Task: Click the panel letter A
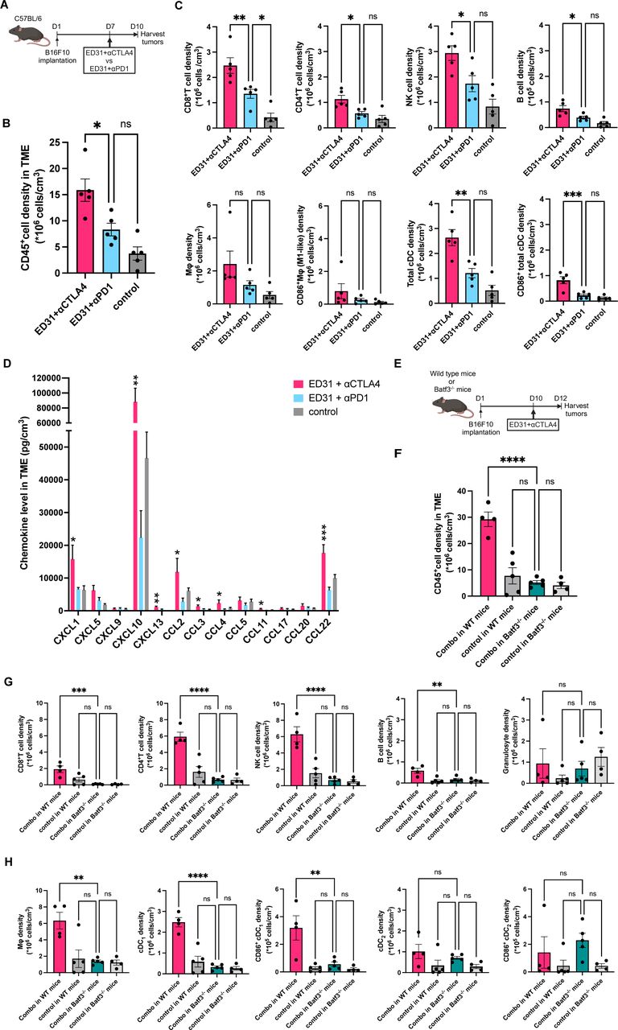(7, 6)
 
